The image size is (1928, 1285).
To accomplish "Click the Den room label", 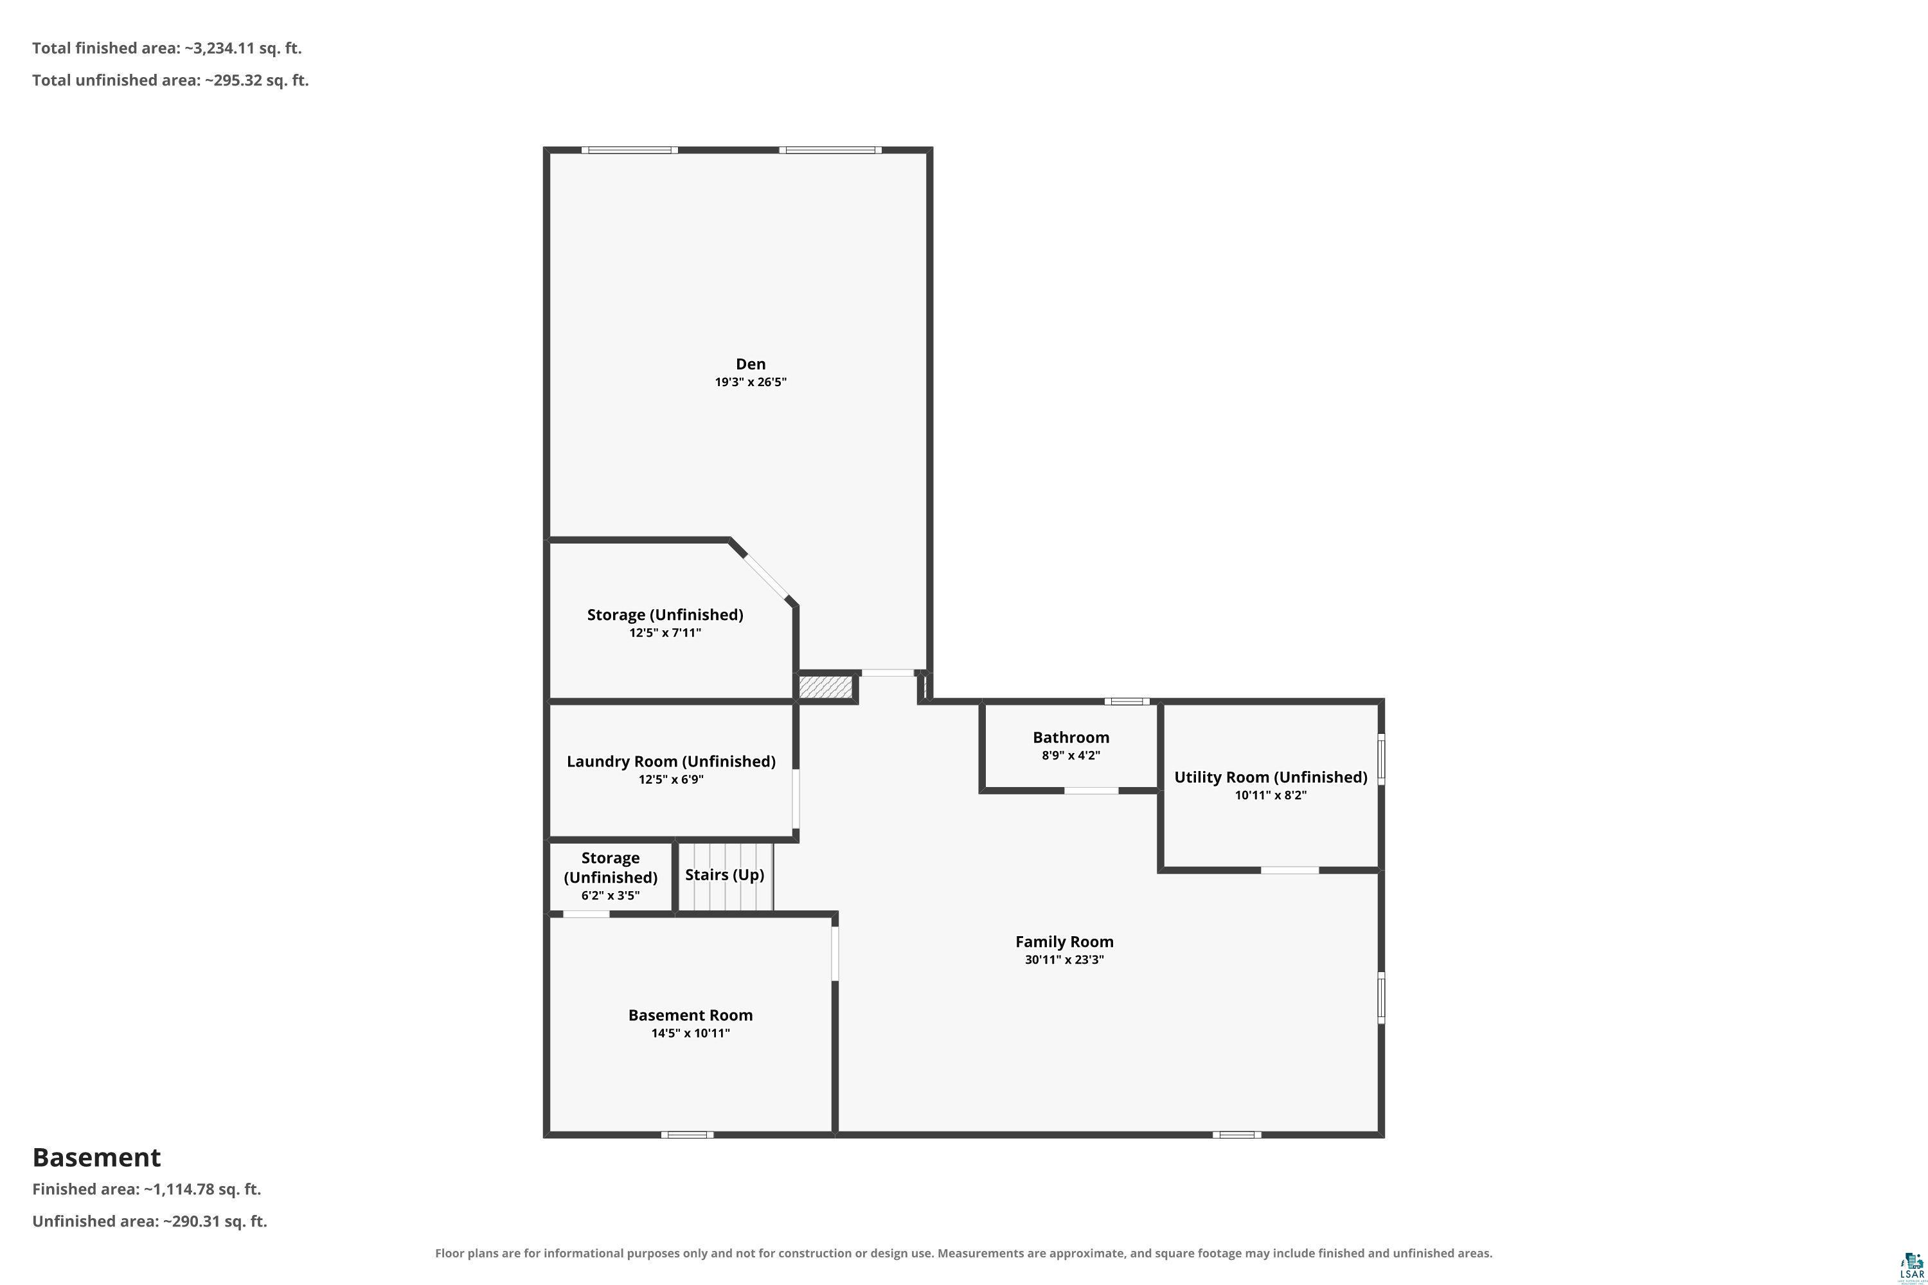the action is [750, 364].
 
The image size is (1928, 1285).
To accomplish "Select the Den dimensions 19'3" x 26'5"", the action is [750, 382].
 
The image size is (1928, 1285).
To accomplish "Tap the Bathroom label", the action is [1071, 738].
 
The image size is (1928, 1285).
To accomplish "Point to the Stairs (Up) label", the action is [725, 875].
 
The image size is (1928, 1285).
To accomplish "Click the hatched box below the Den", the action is [826, 687].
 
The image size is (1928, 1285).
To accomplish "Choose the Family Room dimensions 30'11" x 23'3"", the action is [1064, 960].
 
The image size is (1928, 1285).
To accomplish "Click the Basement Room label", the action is [690, 1015].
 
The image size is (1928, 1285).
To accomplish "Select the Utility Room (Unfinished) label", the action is [1271, 777].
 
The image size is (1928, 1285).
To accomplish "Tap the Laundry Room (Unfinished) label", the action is [670, 761].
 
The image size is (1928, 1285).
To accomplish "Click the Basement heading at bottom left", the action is [97, 1157].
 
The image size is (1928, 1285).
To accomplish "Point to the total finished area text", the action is [167, 48].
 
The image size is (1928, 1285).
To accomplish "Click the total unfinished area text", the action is [170, 80].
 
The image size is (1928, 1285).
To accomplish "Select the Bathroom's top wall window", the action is [1127, 702].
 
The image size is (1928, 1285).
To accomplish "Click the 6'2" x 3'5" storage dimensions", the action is [610, 896].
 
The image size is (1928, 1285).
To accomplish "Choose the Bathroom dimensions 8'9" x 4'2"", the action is [1071, 756].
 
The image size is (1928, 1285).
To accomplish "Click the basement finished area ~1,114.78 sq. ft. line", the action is [147, 1189].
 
